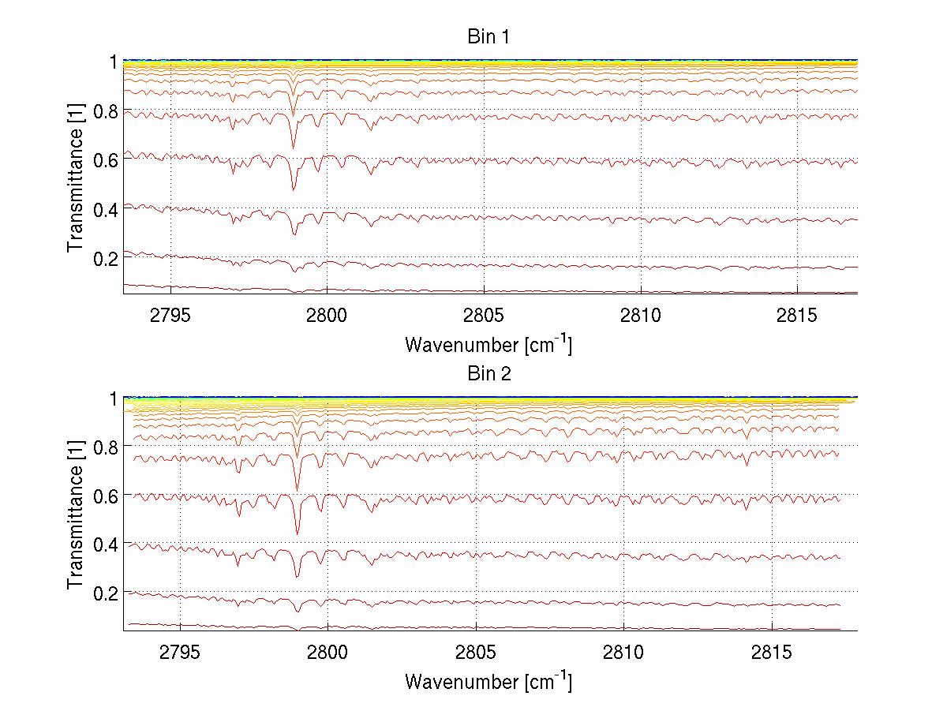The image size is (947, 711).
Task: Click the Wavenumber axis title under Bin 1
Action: (488, 345)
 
